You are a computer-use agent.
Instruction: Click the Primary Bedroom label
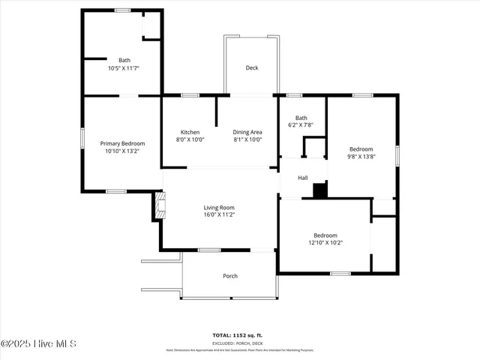coord(122,143)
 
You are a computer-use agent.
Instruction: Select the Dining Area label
coord(247,132)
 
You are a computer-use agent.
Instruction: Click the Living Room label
coord(219,208)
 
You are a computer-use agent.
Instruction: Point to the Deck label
coord(252,68)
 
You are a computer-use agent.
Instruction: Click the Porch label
coord(230,276)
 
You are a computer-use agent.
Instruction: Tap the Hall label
coord(303,178)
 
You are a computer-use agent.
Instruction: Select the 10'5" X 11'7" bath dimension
coord(124,68)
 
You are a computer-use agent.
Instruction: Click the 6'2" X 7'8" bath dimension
coord(301,125)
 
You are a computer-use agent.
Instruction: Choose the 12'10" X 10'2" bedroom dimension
coord(325,242)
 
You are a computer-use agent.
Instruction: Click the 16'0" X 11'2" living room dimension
coord(219,215)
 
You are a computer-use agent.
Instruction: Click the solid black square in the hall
coord(320,190)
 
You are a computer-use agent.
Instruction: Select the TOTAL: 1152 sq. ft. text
coord(240,335)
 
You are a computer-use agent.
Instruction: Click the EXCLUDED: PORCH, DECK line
coord(240,342)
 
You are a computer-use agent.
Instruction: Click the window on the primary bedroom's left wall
coord(82,142)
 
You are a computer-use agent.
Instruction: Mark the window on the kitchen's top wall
coord(190,95)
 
